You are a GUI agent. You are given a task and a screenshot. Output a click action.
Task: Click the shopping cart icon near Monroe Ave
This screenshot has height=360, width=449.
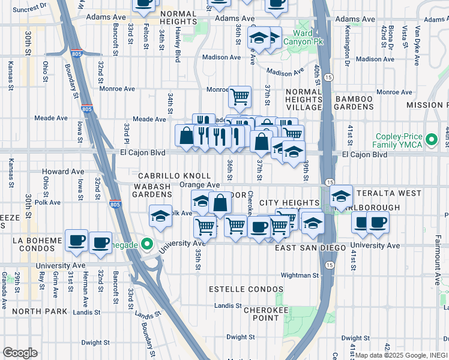pyautogui.click(x=240, y=95)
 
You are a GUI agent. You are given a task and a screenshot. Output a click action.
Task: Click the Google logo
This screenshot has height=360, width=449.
pyautogui.click(x=20, y=352)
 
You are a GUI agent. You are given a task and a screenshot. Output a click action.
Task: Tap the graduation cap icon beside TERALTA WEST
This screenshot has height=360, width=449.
pyautogui.click(x=341, y=196)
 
